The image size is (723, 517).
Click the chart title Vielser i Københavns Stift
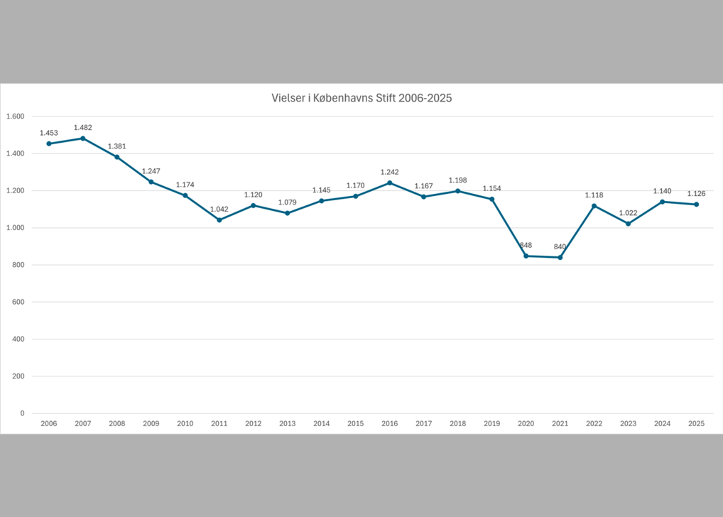coord(361,99)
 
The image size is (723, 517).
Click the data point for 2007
coord(83,138)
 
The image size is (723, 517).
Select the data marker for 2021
coord(560,257)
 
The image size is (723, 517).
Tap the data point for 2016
coord(390,183)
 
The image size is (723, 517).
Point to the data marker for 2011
coord(219,219)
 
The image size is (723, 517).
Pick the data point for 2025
coord(697,205)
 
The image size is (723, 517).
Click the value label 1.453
coord(49,133)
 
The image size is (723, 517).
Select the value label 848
coord(526,245)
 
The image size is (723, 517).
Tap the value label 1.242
coord(390,172)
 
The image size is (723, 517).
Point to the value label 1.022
coord(629,213)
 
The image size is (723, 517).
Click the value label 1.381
coord(117,146)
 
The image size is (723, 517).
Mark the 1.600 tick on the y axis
coord(15,116)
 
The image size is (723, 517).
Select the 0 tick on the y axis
coord(22,413)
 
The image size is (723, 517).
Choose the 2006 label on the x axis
coord(49,424)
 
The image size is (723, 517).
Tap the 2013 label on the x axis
coord(288,424)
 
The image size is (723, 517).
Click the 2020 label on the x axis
coord(526,424)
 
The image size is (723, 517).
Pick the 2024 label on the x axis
coord(663,424)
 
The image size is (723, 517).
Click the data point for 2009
coord(151,182)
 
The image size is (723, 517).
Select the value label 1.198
coord(458,180)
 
